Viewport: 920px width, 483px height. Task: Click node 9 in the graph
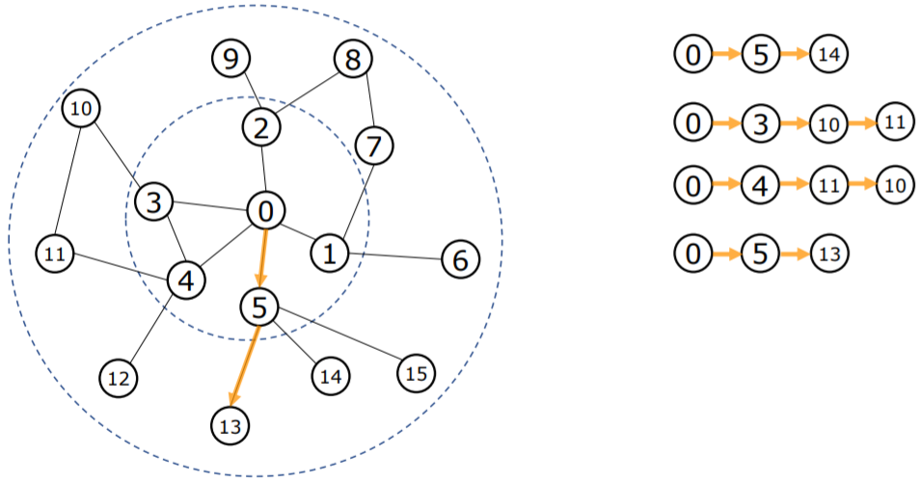coord(230,61)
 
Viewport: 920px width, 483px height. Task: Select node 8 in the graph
coord(353,60)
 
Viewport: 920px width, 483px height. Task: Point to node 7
coord(374,147)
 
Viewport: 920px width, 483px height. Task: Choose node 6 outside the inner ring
coord(460,259)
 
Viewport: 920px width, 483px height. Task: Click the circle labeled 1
coord(330,254)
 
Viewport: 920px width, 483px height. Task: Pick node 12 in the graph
coord(119,375)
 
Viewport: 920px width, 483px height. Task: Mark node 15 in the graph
coord(417,371)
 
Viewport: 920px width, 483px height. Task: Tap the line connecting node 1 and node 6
coord(394,255)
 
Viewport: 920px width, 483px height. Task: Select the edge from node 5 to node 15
coord(338,338)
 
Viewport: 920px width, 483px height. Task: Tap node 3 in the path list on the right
coord(760,122)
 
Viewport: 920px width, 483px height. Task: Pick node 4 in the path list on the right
coord(760,186)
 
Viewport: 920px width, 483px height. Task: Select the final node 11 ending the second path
coord(894,122)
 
